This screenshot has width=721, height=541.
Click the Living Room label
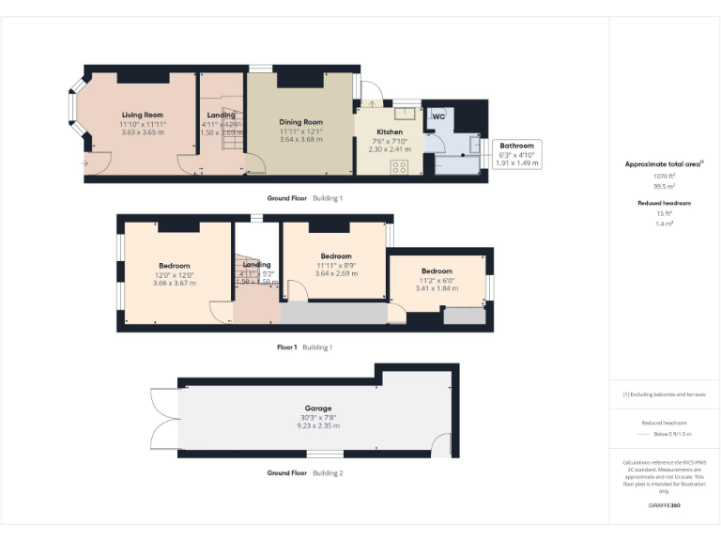pos(142,115)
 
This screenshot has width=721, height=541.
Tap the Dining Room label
pos(300,122)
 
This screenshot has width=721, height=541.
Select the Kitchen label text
pos(390,132)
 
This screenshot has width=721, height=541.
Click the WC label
pos(437,117)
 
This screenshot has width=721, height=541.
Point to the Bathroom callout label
pos(516,146)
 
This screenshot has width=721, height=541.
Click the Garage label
pos(317,409)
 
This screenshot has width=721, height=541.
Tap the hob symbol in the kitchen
pos(398,167)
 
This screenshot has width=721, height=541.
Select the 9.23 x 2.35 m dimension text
pos(317,425)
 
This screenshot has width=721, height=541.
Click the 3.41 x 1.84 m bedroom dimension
pos(437,288)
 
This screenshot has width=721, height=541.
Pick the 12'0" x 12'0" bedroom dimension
pos(174,274)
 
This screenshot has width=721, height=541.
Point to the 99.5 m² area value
pos(664,186)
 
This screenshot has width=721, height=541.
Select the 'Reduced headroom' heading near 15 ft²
pos(664,203)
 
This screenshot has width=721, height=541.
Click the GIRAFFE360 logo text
pos(664,506)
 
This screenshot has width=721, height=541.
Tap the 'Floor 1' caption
pos(286,348)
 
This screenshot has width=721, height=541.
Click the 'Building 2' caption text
pos(328,473)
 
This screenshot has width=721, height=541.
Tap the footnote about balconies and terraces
pos(664,394)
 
